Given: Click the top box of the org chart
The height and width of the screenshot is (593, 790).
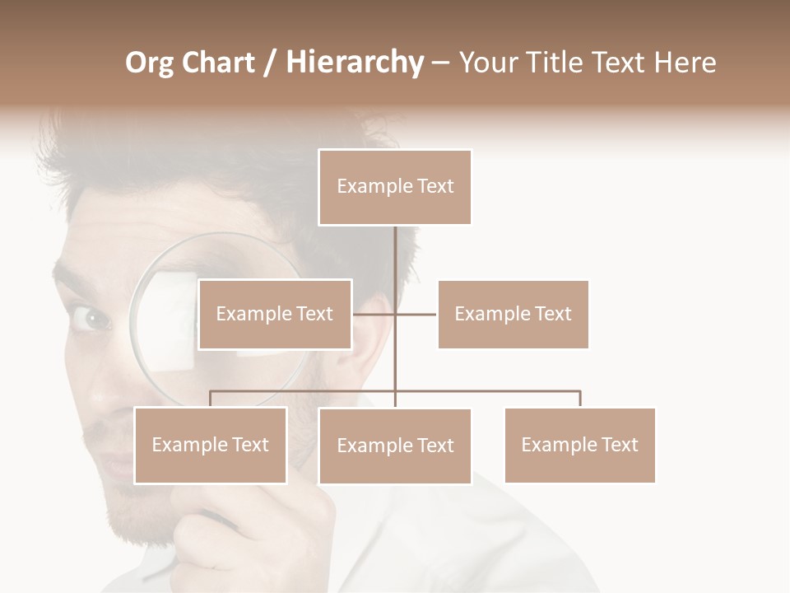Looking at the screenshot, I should pyautogui.click(x=395, y=187).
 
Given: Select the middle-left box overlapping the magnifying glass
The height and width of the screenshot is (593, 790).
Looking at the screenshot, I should pyautogui.click(x=275, y=314).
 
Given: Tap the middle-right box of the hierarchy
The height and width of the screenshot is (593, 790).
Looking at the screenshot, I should pyautogui.click(x=513, y=314).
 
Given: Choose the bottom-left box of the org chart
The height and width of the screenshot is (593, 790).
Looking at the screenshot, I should pyautogui.click(x=211, y=445).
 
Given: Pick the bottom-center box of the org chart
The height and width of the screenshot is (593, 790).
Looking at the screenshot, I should pyautogui.click(x=395, y=446).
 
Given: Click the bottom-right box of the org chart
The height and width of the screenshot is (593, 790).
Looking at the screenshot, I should pyautogui.click(x=579, y=445).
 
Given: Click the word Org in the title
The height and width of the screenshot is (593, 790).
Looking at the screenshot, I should pyautogui.click(x=149, y=63).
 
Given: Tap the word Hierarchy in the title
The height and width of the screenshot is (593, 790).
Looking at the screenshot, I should pyautogui.click(x=354, y=63).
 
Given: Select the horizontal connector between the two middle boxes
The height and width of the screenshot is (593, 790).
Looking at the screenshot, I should pyautogui.click(x=395, y=314).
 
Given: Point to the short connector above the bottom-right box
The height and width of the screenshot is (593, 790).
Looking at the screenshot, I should pyautogui.click(x=580, y=399).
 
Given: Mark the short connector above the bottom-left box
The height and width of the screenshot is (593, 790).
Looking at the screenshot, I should pyautogui.click(x=211, y=399).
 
